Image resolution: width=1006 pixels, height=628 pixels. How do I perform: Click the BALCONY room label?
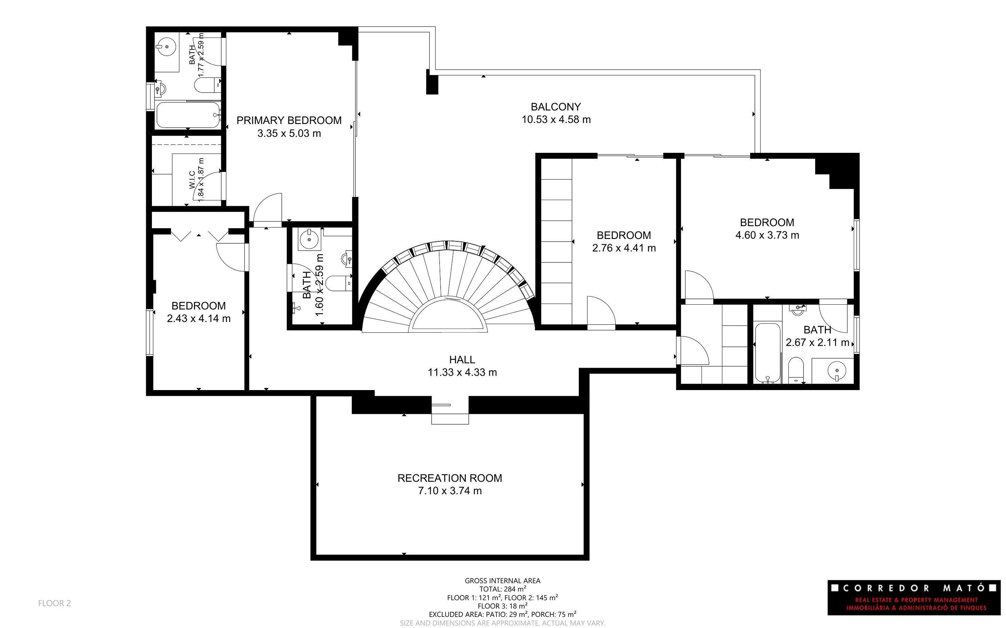pos(556,107)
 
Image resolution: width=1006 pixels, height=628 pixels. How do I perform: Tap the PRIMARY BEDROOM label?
pos(289,120)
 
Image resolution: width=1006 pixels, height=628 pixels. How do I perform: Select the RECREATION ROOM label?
pos(450,478)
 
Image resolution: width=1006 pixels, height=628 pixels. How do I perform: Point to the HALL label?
pos(462,360)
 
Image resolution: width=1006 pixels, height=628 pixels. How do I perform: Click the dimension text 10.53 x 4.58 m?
pos(556,120)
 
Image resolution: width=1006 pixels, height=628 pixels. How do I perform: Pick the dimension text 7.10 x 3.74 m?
pos(450,491)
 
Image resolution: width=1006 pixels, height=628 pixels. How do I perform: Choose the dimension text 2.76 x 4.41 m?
pos(624,248)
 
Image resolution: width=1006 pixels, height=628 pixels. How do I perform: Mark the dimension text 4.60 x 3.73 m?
pos(767,235)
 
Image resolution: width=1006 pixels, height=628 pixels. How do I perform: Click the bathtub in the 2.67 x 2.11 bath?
pos(768,353)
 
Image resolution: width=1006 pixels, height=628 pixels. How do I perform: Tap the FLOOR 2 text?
pos(54,603)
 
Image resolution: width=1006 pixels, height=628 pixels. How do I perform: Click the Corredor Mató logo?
pos(914,598)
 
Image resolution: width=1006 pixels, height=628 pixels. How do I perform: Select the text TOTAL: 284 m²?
pos(503,588)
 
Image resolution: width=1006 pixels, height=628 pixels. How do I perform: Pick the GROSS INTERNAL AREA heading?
pos(502,581)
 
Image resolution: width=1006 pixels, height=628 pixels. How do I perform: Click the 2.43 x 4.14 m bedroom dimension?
pos(199,319)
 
